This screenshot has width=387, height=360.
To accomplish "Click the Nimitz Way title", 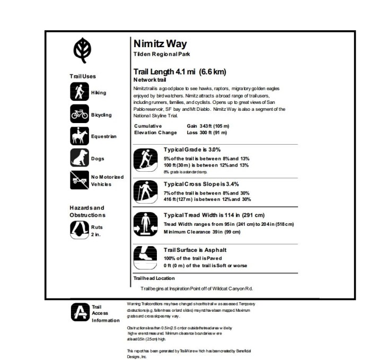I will point(160,43).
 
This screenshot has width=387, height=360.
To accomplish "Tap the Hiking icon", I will point(79,92).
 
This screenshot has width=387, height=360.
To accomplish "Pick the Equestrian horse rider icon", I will point(79,136).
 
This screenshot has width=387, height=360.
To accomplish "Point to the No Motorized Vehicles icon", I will point(79,180).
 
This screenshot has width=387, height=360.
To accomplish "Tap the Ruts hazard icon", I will point(79,230).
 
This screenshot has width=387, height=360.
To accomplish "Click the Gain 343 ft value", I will point(208,126).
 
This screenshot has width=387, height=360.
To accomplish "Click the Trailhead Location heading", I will point(154,278).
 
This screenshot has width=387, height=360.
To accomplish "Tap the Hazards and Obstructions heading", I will point(87,212).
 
